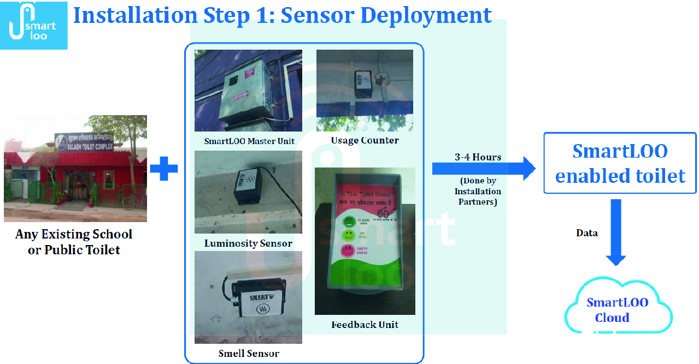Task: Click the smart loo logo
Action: [x=33, y=25]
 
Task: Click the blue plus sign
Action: [x=164, y=169]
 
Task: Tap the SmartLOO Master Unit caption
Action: [x=249, y=141]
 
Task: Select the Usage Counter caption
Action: [x=365, y=140]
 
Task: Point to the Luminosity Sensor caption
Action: [x=248, y=243]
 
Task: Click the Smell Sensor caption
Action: [x=249, y=353]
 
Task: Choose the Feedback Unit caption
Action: [x=365, y=325]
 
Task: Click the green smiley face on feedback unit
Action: [x=348, y=222]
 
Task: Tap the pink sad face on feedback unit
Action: [x=348, y=251]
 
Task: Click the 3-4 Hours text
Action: [x=478, y=157]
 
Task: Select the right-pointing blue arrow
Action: [x=484, y=169]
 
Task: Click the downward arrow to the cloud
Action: [x=616, y=232]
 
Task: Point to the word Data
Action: [x=587, y=233]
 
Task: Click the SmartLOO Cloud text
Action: [x=617, y=310]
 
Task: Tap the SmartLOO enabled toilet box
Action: [x=620, y=163]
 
